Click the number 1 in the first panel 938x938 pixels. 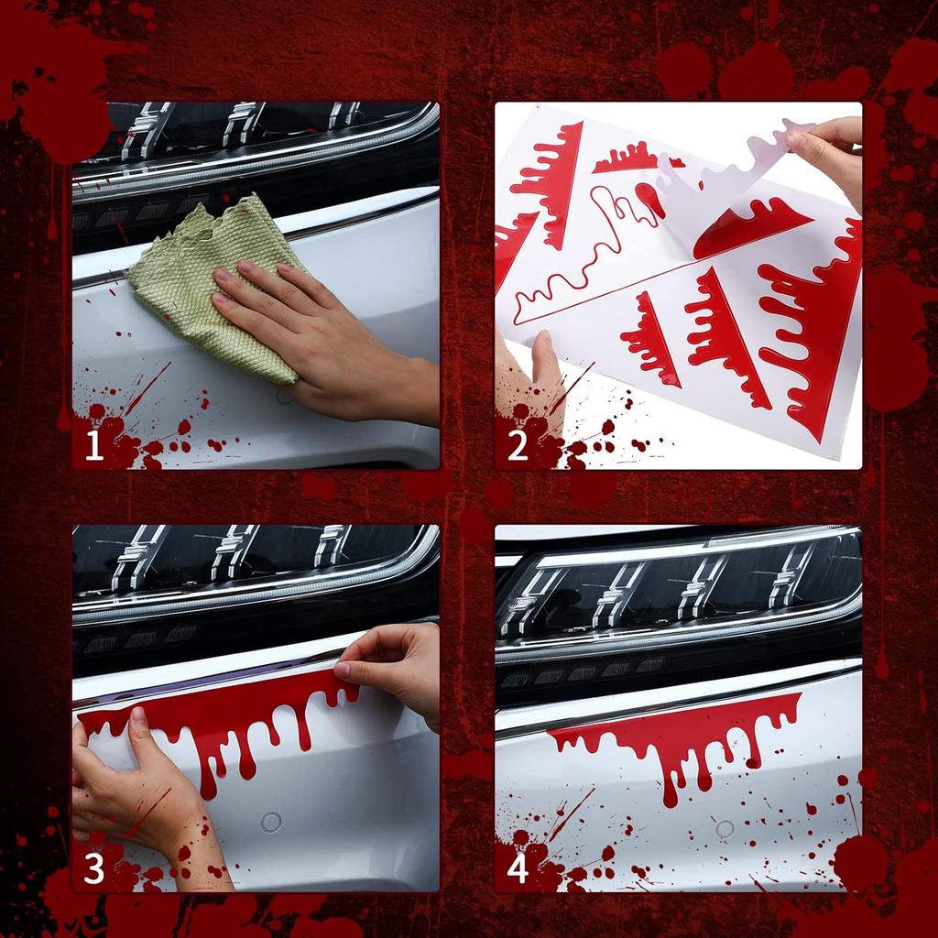[x=93, y=446]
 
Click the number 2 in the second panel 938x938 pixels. [x=518, y=446]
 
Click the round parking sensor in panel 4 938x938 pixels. [x=725, y=829]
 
